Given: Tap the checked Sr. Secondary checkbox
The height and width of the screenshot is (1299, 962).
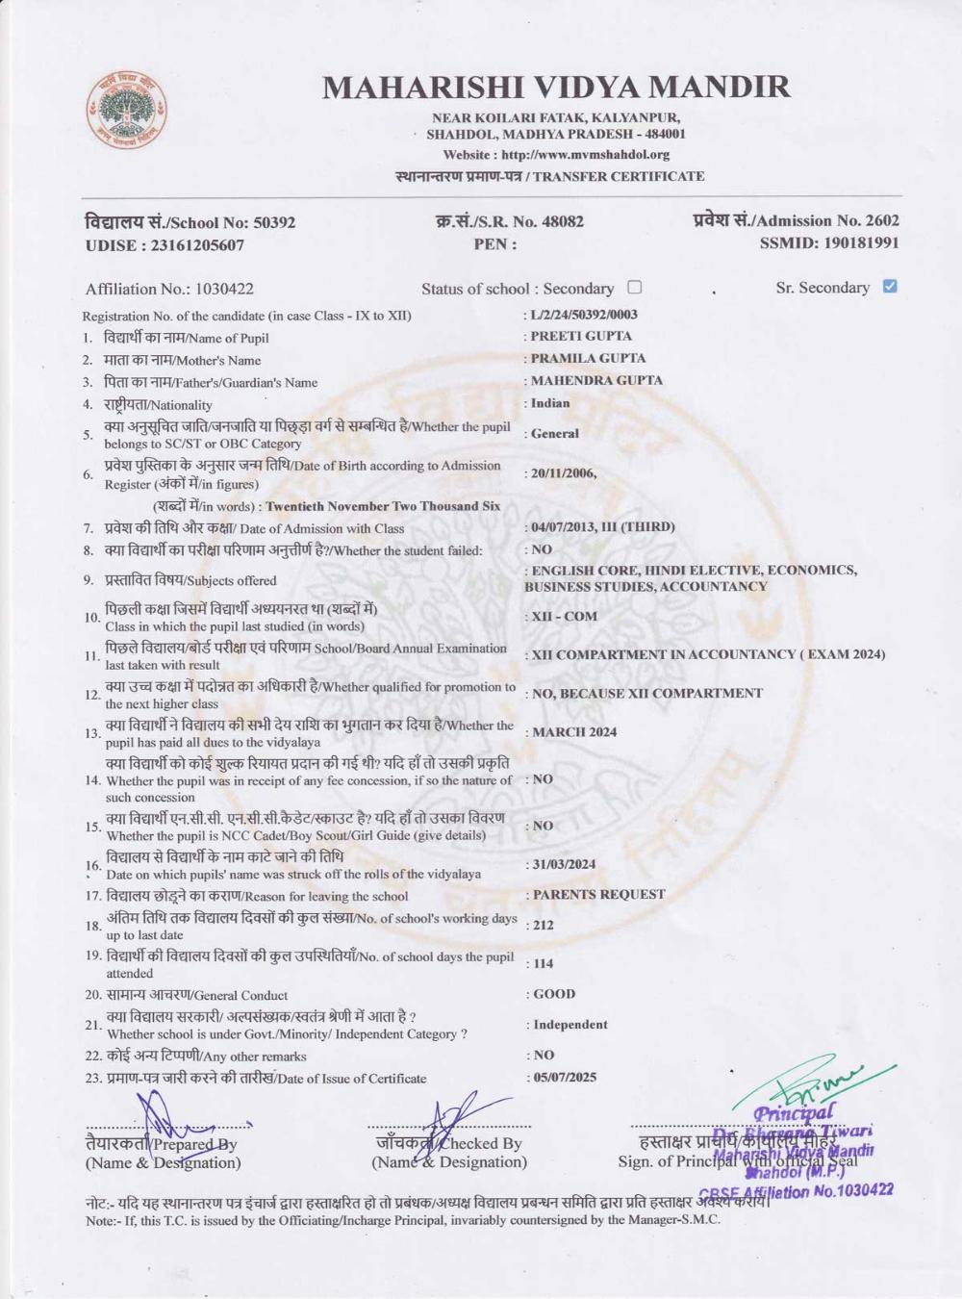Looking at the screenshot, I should click(890, 286).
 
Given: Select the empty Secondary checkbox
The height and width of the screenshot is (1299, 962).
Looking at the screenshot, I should click(634, 287).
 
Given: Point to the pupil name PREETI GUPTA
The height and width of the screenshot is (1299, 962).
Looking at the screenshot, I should click(581, 336).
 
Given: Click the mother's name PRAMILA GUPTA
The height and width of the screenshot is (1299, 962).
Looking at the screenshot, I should click(588, 358).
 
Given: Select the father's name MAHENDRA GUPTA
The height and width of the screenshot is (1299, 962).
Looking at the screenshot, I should click(596, 380).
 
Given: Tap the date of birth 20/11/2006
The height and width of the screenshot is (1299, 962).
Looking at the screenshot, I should click(564, 472).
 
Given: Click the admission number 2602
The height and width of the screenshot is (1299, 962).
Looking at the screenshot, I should click(882, 220).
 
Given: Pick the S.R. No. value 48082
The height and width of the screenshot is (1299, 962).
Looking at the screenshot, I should click(563, 221).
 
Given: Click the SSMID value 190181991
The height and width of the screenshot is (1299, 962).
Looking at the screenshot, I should click(861, 243).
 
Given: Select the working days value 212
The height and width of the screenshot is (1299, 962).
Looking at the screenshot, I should click(544, 925).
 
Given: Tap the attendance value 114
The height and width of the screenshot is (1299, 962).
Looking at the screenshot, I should click(544, 963).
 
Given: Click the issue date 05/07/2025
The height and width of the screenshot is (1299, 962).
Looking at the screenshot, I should click(566, 1077).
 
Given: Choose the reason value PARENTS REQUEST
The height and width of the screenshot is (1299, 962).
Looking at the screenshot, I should click(598, 894).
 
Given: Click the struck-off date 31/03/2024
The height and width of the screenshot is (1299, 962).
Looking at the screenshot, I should click(565, 864).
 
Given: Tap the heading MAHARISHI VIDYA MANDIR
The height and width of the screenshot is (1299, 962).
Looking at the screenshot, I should click(556, 88).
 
